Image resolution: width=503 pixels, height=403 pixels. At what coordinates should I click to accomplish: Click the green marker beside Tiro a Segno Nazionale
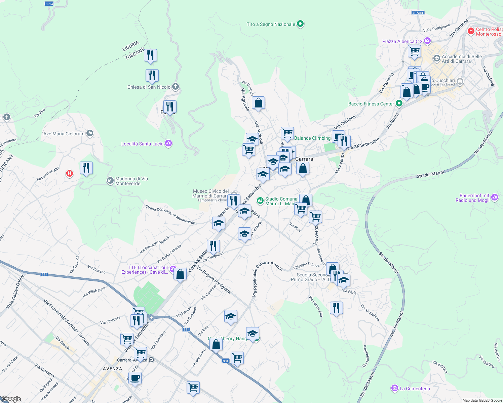301,24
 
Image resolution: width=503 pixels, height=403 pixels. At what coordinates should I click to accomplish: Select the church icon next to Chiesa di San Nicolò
175,87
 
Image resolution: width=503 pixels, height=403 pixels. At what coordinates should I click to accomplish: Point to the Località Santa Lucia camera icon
168,144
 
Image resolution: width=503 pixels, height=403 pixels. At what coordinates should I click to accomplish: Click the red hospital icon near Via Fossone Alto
70,173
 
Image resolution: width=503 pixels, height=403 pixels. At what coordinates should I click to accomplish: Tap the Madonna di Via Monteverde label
131,181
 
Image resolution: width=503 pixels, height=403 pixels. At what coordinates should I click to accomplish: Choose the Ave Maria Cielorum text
64,134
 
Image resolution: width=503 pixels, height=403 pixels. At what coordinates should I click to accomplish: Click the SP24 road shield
49,4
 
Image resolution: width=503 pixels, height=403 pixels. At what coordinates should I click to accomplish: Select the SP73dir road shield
418,13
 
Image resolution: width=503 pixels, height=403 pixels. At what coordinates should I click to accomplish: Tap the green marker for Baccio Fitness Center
399,103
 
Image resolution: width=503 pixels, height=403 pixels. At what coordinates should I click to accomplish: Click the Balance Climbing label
312,138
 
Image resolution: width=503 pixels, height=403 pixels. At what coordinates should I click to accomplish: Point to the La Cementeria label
415,389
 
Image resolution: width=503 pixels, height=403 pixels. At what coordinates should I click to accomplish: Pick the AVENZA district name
112,369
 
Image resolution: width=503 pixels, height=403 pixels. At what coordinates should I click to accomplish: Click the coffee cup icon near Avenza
135,378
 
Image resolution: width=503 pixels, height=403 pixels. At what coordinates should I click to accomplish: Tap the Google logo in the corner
11,399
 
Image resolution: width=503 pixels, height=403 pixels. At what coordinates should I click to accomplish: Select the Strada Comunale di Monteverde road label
170,215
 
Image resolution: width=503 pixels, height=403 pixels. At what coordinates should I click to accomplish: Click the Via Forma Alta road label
316,306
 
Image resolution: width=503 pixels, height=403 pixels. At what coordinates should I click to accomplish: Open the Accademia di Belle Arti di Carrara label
461,59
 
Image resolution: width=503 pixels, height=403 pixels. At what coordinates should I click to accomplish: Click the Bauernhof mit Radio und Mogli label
474,198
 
